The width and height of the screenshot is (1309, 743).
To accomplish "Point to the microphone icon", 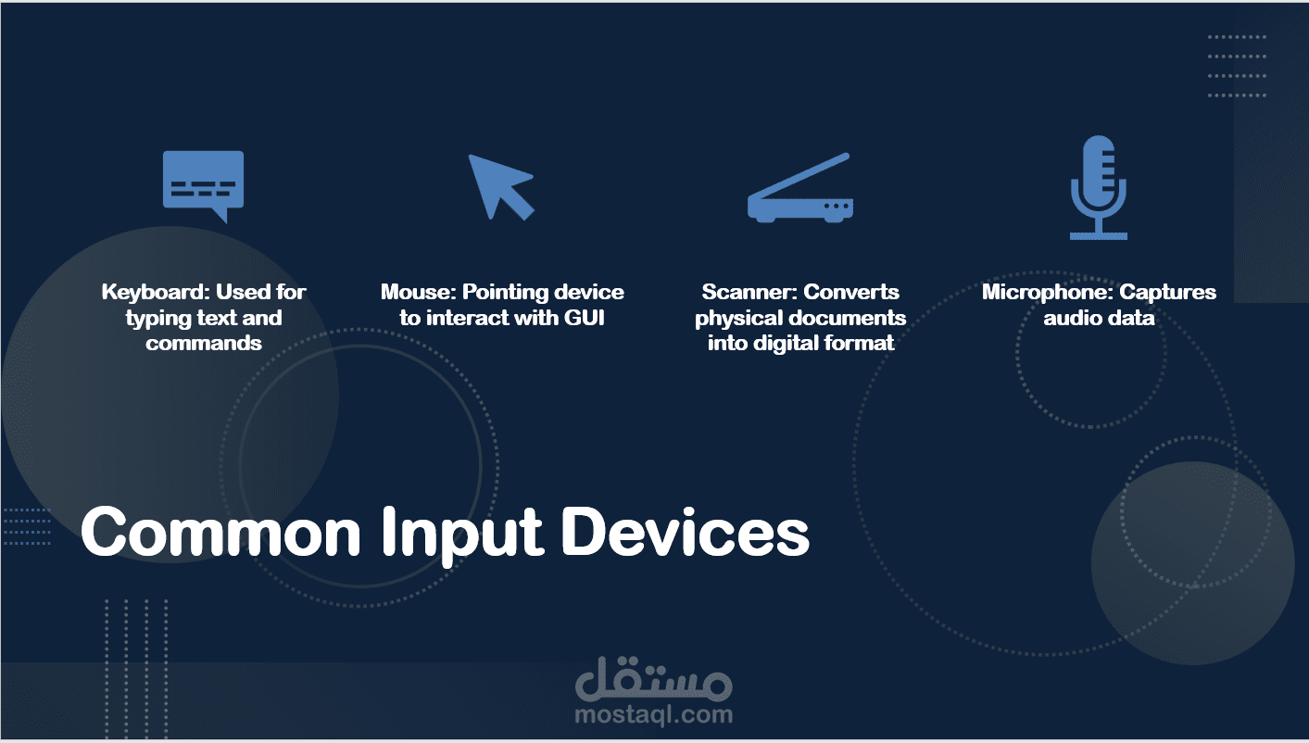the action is tap(1099, 187).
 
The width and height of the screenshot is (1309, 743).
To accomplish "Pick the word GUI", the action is tap(584, 318).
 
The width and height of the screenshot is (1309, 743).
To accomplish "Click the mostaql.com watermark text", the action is tap(654, 713).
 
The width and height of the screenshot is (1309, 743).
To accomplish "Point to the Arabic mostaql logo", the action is tap(654, 678).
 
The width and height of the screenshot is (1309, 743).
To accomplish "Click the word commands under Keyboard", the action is tap(204, 343).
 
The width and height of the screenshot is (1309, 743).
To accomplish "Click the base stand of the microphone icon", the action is tap(1099, 236).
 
